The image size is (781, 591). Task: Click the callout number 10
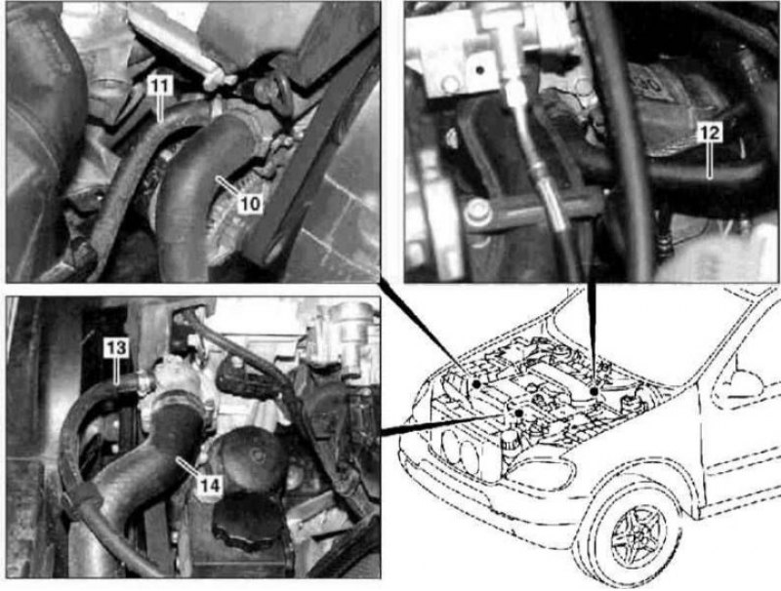click(250, 204)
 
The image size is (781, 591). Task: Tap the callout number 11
click(160, 86)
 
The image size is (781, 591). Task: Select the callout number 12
click(710, 133)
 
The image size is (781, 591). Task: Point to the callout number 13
click(115, 348)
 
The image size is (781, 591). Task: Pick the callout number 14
click(209, 486)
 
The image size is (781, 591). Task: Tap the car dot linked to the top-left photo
click(476, 384)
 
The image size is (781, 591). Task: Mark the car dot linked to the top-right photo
click(594, 391)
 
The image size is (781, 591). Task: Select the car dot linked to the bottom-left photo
click(519, 413)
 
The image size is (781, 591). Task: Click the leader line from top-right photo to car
click(592, 335)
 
